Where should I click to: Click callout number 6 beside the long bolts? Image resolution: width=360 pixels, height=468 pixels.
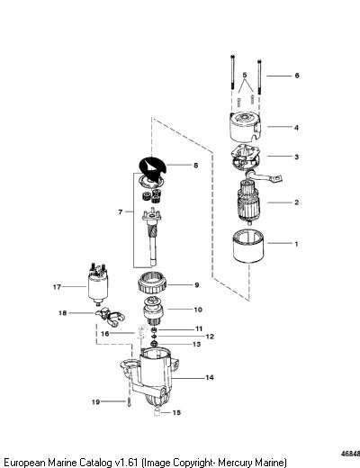pyautogui.click(x=297, y=76)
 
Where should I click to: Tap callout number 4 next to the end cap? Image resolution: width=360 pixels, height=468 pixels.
pyautogui.click(x=296, y=128)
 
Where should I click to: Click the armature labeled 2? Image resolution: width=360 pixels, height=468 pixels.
pyautogui.click(x=249, y=202)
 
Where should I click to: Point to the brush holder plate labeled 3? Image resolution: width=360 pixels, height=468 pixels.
pyautogui.click(x=245, y=158)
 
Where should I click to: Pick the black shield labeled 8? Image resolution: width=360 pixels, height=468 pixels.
pyautogui.click(x=153, y=170)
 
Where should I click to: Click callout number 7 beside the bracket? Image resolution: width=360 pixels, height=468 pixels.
pyautogui.click(x=121, y=212)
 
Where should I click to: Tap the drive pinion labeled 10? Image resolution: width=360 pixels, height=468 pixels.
pyautogui.click(x=153, y=312)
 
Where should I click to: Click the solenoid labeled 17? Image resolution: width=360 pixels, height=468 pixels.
pyautogui.click(x=97, y=282)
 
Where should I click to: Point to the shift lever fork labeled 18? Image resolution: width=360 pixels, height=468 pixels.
pyautogui.click(x=111, y=318)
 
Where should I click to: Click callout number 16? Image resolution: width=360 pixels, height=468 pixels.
pyautogui.click(x=105, y=334)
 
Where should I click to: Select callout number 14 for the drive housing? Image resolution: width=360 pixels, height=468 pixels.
pyautogui.click(x=210, y=377)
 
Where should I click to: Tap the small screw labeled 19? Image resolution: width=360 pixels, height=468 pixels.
pyautogui.click(x=130, y=401)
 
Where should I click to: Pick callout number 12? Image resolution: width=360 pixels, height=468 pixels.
pyautogui.click(x=210, y=337)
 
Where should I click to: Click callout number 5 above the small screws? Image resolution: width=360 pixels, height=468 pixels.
pyautogui.click(x=245, y=75)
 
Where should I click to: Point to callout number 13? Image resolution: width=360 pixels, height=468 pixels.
pyautogui.click(x=196, y=344)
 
